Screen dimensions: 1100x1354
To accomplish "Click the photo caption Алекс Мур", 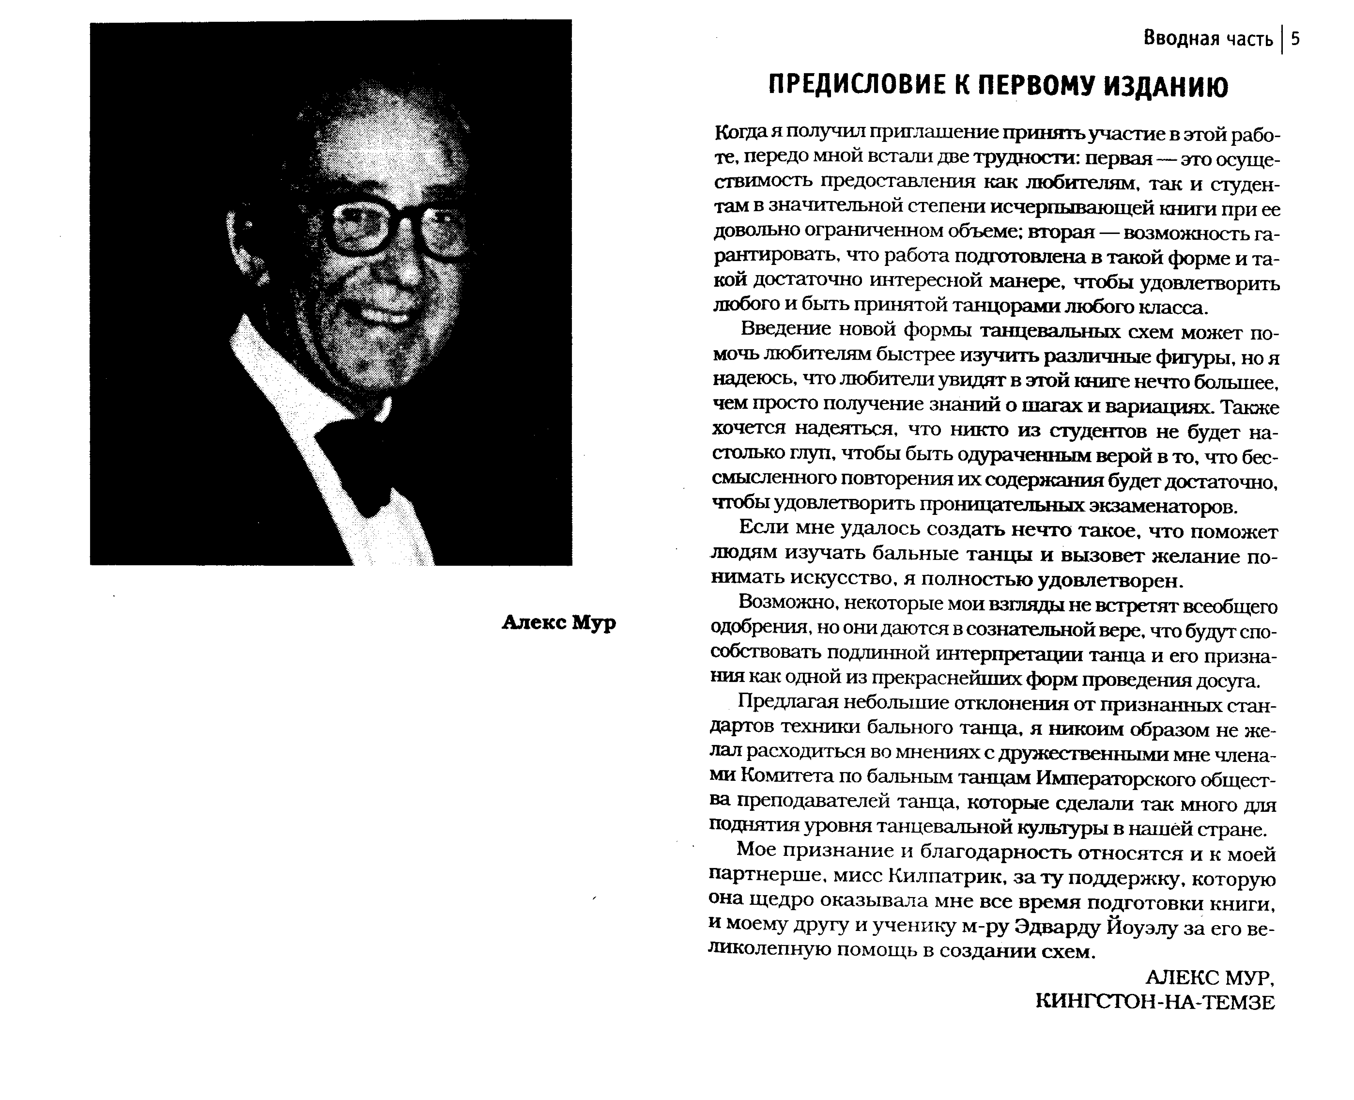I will pyautogui.click(x=558, y=623).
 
